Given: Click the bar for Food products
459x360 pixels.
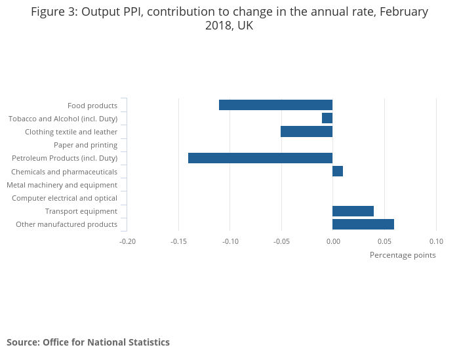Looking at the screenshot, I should (x=275, y=105).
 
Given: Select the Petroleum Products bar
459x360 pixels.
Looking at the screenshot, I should (x=260, y=158).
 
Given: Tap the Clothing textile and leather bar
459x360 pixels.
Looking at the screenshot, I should (x=306, y=132).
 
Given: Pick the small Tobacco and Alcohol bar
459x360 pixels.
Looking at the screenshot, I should (x=327, y=118).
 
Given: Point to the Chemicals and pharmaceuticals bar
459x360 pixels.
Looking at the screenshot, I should (x=338, y=171).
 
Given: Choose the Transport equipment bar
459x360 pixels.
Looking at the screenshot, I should (x=353, y=211).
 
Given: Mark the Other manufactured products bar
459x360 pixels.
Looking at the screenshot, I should (x=363, y=224).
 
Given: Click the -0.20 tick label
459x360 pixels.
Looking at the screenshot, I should (x=127, y=241).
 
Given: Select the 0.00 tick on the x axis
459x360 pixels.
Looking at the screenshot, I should (x=333, y=241).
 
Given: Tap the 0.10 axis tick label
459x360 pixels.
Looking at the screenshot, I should (x=436, y=241).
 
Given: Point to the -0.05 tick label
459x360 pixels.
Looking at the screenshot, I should (x=281, y=241).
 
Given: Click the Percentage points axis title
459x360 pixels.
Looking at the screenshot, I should (x=403, y=255).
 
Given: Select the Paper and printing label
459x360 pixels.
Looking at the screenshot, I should (x=85, y=145).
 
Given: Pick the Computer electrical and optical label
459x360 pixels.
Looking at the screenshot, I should (x=64, y=198).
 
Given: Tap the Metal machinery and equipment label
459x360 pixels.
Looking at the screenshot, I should (x=62, y=185).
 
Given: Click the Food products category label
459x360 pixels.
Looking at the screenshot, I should (x=92, y=106).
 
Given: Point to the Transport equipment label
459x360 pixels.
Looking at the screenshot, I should (x=81, y=211).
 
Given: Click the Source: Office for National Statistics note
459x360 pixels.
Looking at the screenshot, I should (x=88, y=342).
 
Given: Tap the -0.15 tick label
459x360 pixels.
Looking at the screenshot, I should (x=178, y=241).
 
